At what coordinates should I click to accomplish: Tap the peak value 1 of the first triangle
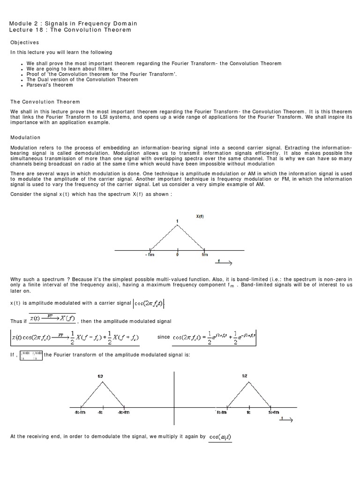(x=177, y=221)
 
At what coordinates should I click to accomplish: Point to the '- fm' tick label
(x=150, y=255)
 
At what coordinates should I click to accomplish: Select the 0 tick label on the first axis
(x=177, y=255)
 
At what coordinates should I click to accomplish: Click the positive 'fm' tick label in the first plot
(x=204, y=255)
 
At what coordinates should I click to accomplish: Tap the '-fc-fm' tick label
(x=80, y=412)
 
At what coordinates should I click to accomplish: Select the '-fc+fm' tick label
(x=124, y=412)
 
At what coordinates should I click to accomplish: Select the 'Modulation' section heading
(x=25, y=137)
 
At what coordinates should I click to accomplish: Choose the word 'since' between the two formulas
(x=164, y=337)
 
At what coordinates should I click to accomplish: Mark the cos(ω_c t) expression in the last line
(x=220, y=437)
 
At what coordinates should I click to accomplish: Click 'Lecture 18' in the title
(x=27, y=30)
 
